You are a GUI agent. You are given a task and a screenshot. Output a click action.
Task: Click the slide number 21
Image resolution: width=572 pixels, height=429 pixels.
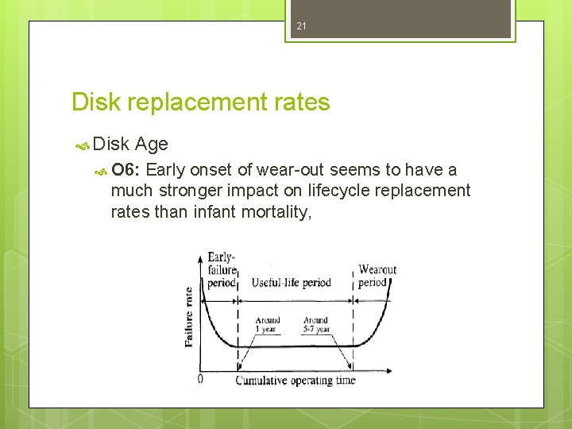pos(301,27)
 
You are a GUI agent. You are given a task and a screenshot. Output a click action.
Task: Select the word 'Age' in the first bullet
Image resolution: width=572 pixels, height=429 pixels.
pos(152,144)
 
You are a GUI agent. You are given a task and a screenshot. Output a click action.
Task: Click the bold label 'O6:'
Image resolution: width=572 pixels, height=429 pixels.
pos(126,169)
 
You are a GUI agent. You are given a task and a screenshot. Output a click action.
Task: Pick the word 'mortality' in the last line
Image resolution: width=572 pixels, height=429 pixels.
pos(271,212)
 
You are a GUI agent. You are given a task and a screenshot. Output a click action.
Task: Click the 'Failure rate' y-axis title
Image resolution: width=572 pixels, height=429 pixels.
pos(189,315)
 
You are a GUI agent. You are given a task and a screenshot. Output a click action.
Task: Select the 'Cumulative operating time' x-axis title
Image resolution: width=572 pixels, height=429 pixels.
pos(296,381)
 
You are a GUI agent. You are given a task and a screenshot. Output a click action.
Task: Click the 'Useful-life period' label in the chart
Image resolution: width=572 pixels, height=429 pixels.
pos(292,282)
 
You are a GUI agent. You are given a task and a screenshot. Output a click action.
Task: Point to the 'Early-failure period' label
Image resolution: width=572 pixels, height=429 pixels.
pos(222,270)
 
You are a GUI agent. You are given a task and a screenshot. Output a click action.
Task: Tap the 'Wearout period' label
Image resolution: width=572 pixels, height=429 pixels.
pos(377,276)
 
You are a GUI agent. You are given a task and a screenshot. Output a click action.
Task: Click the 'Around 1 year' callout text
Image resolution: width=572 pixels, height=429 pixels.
pos(266,325)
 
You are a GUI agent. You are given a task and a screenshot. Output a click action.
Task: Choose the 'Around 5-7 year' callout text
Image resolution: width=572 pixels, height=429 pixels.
pos(315,325)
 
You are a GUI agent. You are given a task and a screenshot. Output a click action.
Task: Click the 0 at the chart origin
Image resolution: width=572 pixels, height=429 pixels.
pos(199,379)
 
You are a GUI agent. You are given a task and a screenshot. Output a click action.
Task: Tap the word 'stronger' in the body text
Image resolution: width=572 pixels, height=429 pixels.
pos(188,191)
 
